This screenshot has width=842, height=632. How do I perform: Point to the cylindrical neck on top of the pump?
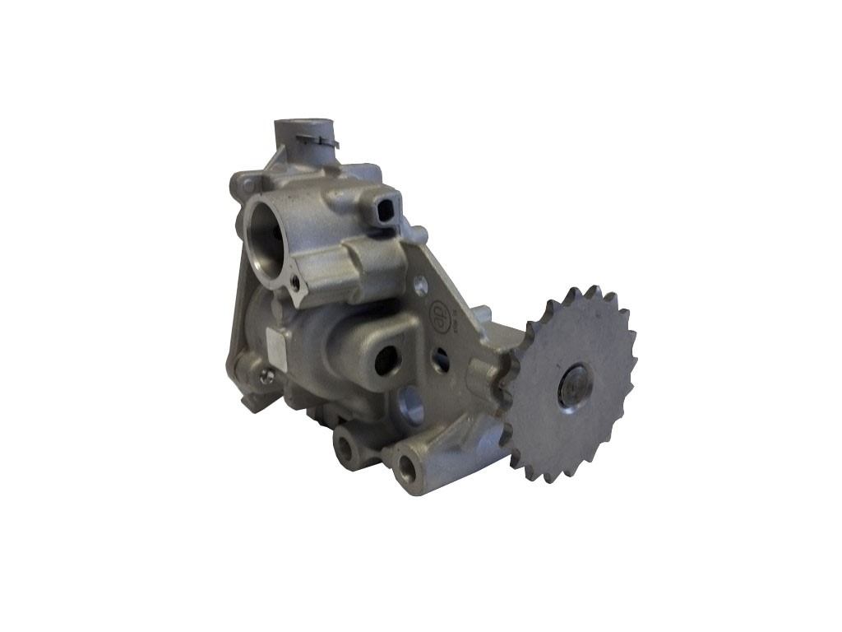pyautogui.click(x=294, y=136)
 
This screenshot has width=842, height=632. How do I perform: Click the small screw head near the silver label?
pyautogui.click(x=265, y=377)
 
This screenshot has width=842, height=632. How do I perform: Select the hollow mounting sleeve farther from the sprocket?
pyautogui.click(x=346, y=447)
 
